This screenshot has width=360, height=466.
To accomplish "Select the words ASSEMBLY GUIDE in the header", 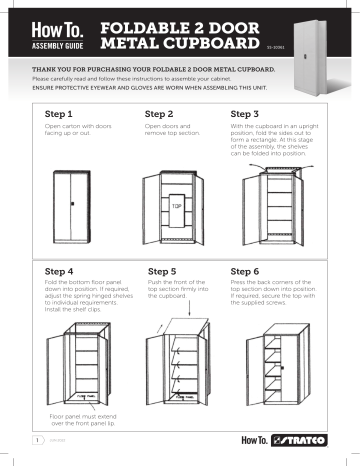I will [x=59, y=45].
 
